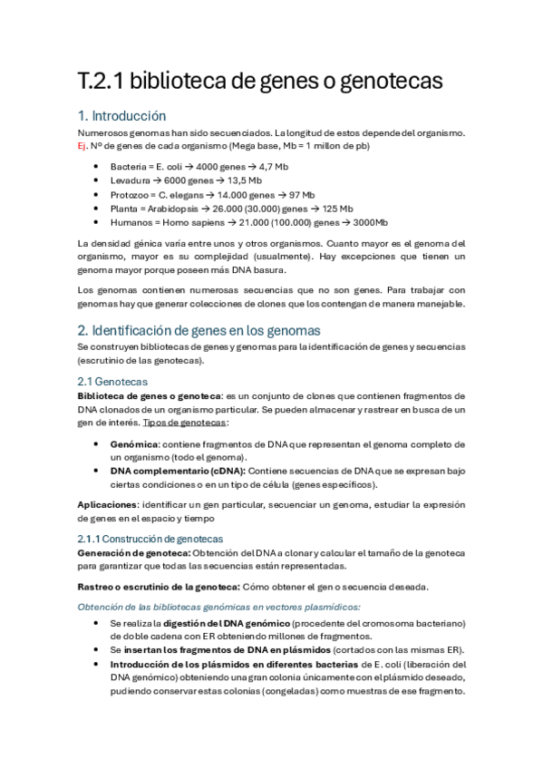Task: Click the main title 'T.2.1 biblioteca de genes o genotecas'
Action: [x=259, y=81]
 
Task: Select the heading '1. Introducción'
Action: [x=121, y=116]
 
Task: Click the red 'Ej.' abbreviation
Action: [x=82, y=146]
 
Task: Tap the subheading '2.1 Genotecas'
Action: [x=112, y=382]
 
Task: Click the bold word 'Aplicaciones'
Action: [x=107, y=505]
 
